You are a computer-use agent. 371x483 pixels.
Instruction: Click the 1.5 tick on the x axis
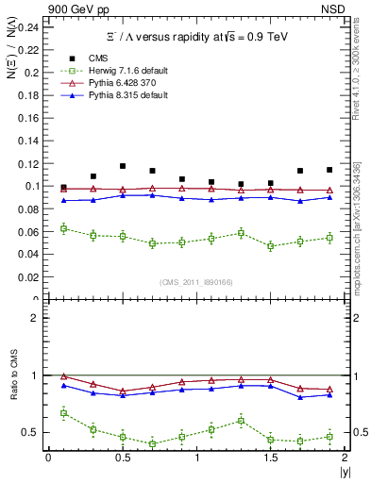click(x=270, y=458)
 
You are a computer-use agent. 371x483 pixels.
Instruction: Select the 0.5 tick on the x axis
click(x=121, y=458)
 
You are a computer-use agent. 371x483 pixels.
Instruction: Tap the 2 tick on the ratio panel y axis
click(x=36, y=318)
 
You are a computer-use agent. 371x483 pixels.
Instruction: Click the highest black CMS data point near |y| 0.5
click(x=123, y=166)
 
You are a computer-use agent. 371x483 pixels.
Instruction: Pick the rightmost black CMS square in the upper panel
click(x=329, y=170)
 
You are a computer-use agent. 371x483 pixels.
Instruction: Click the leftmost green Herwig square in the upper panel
click(x=63, y=228)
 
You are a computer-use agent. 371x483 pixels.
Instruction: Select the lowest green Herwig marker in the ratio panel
click(x=153, y=443)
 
